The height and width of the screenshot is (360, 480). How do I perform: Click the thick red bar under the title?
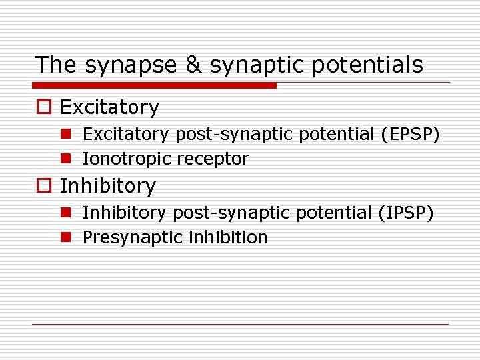pos(155,85)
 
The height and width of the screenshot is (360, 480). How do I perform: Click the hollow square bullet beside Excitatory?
pos(45,107)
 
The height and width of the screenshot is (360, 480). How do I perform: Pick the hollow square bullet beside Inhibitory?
pos(45,186)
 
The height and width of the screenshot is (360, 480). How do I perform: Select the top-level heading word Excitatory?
pos(109,107)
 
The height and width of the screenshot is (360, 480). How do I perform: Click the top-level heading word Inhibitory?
pos(107,186)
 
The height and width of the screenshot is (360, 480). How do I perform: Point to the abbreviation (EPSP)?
pos(410,135)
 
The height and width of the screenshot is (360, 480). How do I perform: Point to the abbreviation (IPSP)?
pos(406,213)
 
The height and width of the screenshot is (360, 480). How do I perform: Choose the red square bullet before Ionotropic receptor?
pos(65,159)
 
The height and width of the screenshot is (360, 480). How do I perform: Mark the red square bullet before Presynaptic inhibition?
pos(65,237)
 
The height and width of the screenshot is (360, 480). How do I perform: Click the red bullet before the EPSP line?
pos(65,135)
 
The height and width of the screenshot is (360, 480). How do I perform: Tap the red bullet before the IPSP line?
pos(65,213)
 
